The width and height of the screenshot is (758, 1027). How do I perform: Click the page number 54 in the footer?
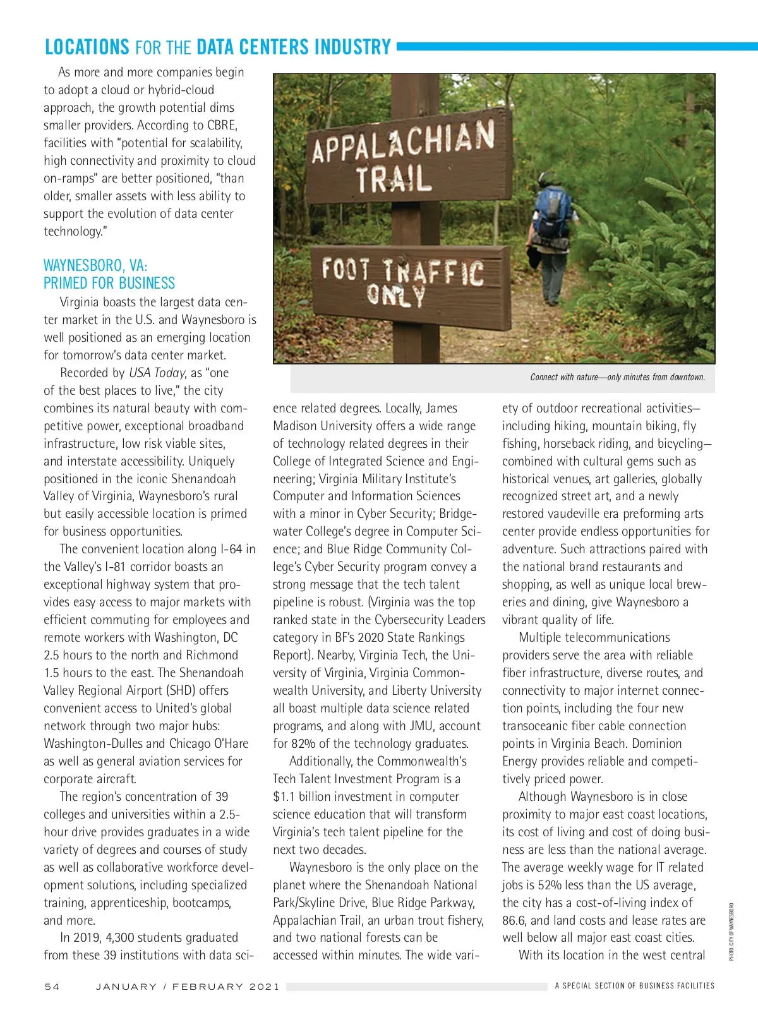pos(52,987)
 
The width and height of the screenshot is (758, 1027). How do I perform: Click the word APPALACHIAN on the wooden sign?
pos(403,143)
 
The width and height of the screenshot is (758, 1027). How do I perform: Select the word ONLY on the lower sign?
pos(397,294)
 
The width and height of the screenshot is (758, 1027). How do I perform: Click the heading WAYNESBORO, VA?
pos(95,265)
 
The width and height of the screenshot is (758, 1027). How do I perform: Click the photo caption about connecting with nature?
pos(617,377)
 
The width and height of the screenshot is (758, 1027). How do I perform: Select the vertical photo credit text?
pos(731,932)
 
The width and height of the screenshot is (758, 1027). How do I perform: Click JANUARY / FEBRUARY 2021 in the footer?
pos(187,987)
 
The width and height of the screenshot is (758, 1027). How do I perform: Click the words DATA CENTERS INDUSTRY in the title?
pos(294,47)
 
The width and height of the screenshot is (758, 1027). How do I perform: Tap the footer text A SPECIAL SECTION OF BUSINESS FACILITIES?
pos(634,985)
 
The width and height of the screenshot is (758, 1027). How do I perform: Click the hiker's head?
pos(550,178)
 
